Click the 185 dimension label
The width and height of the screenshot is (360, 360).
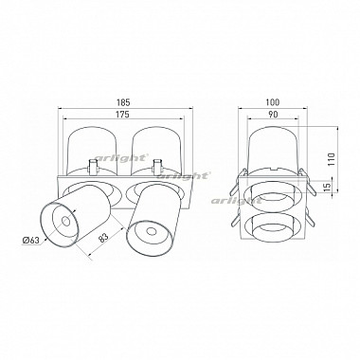(x=123, y=102)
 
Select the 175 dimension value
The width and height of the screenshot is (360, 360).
(x=123, y=114)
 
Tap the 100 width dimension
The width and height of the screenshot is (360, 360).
(x=273, y=102)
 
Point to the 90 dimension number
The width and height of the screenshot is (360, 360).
(x=273, y=114)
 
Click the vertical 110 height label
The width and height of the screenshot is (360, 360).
(x=331, y=160)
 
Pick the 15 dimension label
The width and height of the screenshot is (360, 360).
(x=328, y=187)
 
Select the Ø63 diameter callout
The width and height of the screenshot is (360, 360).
(x=31, y=241)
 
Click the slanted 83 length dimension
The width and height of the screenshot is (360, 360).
(x=104, y=237)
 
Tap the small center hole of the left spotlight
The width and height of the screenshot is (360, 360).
(x=65, y=221)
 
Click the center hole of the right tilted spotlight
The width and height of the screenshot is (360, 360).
(x=151, y=232)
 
